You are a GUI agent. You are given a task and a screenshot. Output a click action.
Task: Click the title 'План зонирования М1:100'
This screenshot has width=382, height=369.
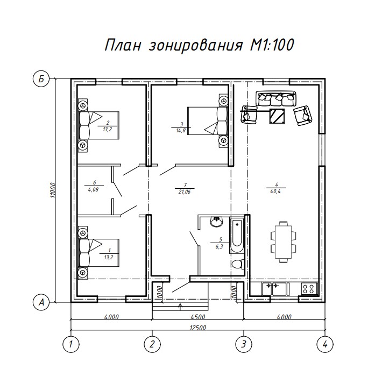pos(199,45)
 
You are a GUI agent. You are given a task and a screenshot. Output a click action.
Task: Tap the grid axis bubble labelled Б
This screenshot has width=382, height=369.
pos(41,79)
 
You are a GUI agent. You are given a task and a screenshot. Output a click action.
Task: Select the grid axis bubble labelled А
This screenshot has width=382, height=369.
pos(41,302)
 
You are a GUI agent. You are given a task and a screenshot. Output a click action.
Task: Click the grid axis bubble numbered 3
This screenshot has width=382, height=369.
pos(244,344)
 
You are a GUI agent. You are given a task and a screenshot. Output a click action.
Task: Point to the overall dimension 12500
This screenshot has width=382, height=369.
pos(198,328)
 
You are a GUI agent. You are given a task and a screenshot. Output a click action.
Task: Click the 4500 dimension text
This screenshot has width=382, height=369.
pos(198,317)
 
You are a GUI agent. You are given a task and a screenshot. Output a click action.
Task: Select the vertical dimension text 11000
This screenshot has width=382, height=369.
pos(54,190)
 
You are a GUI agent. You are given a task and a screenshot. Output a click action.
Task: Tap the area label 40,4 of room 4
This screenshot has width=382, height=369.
pos(275,191)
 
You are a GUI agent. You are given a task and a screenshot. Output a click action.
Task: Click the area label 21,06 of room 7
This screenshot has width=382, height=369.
pos(185,192)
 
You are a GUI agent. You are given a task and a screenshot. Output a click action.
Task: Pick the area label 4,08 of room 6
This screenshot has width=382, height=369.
pos(93,189)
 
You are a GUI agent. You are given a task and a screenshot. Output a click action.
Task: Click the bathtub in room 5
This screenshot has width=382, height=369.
pos(237,236)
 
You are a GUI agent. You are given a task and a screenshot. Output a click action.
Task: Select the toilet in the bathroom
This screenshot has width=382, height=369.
pos(238,264)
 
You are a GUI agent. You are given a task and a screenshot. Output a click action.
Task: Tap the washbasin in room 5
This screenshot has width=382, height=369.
pos(216,222)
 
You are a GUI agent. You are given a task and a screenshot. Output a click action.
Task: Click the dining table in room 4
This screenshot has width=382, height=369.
pos(284,242)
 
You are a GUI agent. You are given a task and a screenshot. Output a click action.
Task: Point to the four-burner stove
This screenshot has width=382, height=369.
pos(310,289)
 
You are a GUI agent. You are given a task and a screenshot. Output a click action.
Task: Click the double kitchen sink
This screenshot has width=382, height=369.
pos(274,289)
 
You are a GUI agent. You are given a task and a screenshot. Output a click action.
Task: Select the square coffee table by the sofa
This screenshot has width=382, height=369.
pos(277,116)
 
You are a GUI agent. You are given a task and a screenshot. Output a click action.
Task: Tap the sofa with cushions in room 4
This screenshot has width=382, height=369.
pos(276,98)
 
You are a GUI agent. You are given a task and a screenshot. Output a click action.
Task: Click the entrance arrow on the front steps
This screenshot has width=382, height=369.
pos(180,307)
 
